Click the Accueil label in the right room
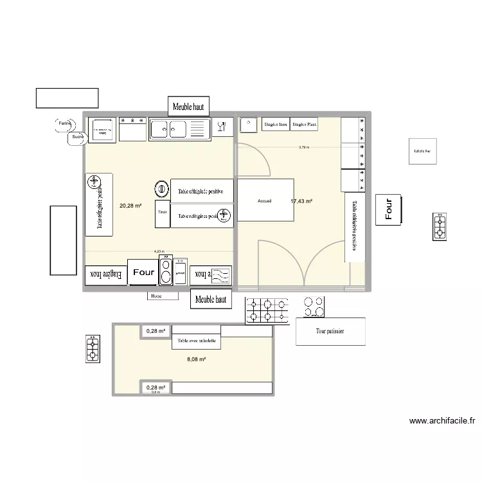[x=264, y=201]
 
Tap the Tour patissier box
[x=330, y=332]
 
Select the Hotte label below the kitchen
[x=156, y=296]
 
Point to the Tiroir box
[x=162, y=211]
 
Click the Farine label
[x=64, y=123]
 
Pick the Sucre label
[x=78, y=136]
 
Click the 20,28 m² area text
[x=130, y=206]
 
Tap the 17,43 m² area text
[x=301, y=201]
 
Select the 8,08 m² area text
[x=196, y=359]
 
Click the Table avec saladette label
[x=197, y=341]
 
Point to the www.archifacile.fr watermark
[x=442, y=422]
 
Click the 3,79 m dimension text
[x=303, y=147]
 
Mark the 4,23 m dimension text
[x=159, y=252]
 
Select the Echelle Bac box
[x=423, y=152]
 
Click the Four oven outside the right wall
[x=388, y=209]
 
